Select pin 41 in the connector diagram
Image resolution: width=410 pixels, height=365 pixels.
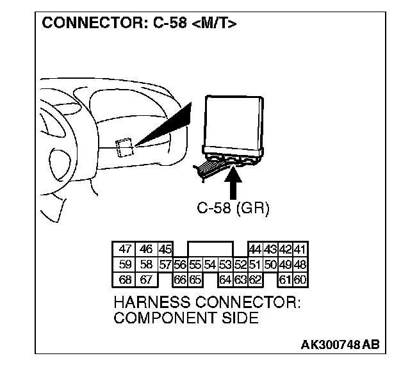300,250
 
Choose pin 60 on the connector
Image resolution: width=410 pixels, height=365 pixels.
300,279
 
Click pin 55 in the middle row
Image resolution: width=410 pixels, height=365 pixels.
195,264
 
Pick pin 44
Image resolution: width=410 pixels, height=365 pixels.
254,250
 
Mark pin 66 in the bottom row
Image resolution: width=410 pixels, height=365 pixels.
180,279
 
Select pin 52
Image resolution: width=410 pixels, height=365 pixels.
240,264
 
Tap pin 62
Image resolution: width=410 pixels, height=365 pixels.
255,279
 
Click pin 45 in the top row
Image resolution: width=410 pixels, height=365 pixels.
165,250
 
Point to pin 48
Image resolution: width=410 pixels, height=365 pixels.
300,264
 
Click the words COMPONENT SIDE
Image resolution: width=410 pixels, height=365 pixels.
185,318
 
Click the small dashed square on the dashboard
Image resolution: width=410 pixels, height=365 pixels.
125,147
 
